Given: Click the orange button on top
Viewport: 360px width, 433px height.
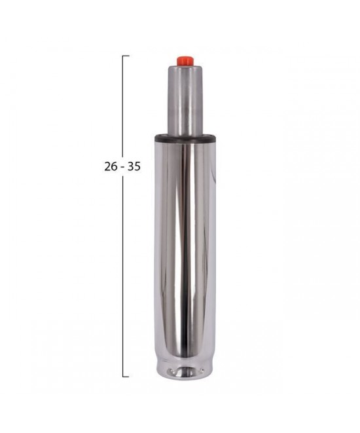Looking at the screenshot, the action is (x=185, y=61).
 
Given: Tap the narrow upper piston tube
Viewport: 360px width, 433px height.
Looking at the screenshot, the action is (x=185, y=100).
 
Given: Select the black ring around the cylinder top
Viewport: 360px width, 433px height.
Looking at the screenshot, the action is (x=185, y=138).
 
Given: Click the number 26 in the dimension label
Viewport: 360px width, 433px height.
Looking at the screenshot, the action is (x=111, y=167).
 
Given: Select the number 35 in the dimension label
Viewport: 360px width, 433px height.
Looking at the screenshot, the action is (x=134, y=167).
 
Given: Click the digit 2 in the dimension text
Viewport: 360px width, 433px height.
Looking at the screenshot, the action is (x=107, y=167).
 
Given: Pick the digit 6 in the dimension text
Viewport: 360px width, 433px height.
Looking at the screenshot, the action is (x=114, y=167).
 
